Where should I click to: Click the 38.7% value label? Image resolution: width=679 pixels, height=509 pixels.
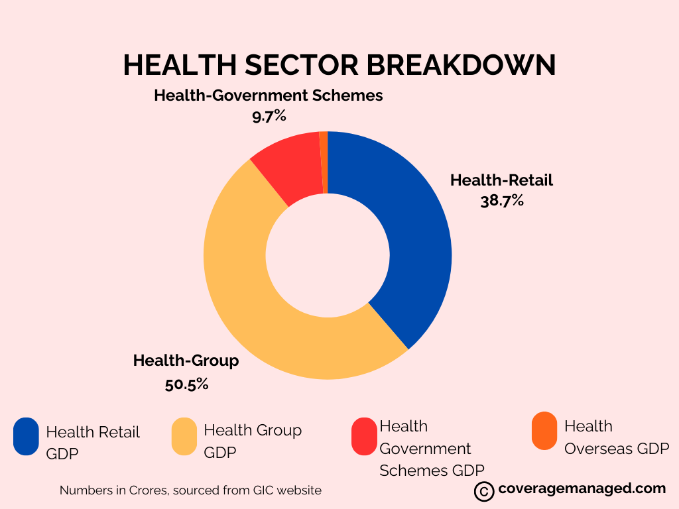pos(502,200)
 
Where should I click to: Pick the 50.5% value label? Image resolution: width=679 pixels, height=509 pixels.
pos(187,383)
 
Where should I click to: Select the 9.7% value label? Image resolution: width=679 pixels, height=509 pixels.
pos(269,116)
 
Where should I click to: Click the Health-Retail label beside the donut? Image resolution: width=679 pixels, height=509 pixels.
pos(501,180)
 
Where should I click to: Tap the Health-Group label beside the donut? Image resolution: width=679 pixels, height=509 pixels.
pos(186,361)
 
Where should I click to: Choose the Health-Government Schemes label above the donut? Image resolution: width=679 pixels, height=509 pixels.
pos(269,95)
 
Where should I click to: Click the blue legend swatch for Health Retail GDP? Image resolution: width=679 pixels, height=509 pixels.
pos(27,436)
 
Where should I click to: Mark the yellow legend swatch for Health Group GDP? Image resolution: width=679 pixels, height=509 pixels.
pos(184,436)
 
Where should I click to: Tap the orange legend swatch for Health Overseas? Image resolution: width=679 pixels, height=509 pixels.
pos(544,431)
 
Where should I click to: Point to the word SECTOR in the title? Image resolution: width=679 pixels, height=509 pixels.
pos(293,65)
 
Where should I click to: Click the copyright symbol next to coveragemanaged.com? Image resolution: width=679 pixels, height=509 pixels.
pos(484,491)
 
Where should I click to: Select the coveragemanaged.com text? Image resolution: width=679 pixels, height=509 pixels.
pos(582,489)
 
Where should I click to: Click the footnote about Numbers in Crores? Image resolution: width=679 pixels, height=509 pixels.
pos(190,490)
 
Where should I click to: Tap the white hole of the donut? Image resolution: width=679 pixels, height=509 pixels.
pos(328,255)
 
